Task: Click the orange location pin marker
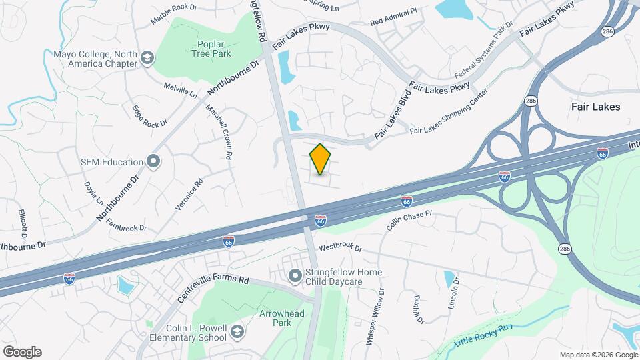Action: coord(320,159)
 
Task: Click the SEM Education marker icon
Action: coord(154,161)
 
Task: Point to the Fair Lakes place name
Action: coord(595,107)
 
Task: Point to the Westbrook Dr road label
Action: coord(340,248)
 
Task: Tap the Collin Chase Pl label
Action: coord(409,221)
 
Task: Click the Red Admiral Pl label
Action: coord(393,16)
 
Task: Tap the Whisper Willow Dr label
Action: coord(375,316)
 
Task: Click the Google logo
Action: coord(22,352)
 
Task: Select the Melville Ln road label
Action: coord(180,90)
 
